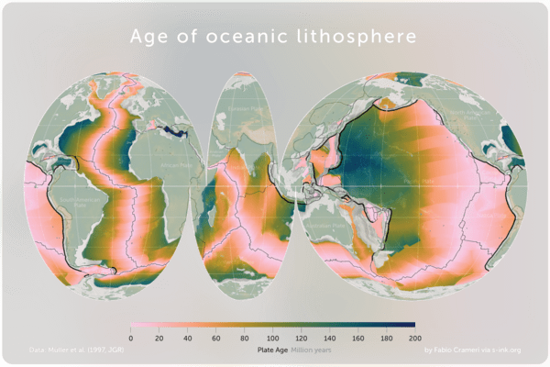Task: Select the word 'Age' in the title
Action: tap(150, 39)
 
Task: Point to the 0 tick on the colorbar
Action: tap(131, 339)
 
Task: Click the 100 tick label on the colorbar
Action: tap(272, 339)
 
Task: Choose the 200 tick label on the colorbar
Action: tap(414, 339)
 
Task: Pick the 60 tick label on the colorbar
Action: tap(215, 339)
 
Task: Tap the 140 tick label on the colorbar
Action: tap(329, 339)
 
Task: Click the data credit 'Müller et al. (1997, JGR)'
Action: tap(78, 350)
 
